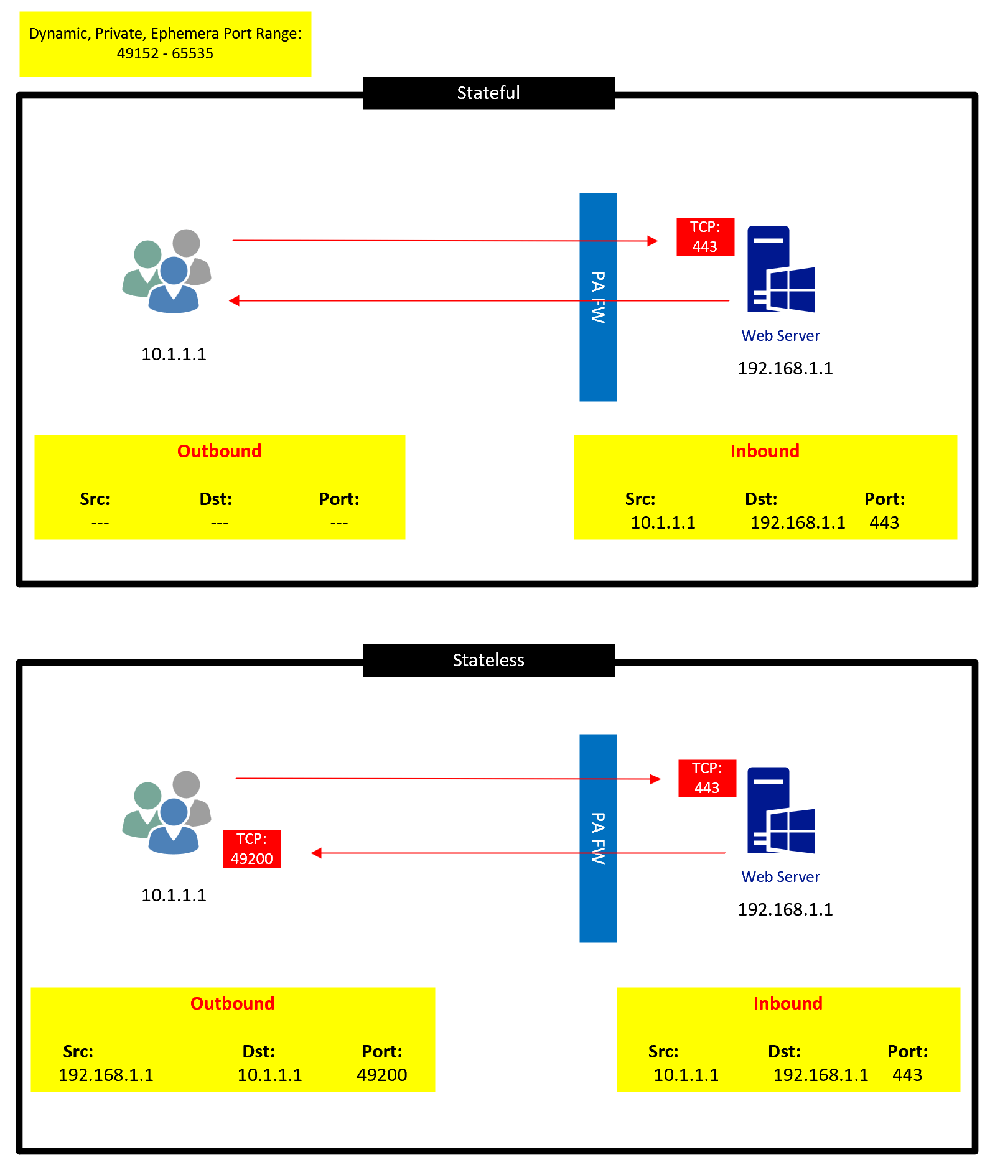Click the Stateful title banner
click(488, 93)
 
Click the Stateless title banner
click(488, 660)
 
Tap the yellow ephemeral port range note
click(165, 44)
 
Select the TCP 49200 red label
click(252, 849)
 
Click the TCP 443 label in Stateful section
click(705, 237)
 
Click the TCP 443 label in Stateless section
click(707, 778)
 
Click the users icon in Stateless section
click(167, 812)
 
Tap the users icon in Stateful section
click(167, 271)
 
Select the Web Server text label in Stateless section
click(780, 876)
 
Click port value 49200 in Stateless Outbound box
click(381, 1075)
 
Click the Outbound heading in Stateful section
click(219, 451)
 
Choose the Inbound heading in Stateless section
click(788, 1003)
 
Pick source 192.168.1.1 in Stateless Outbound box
click(106, 1075)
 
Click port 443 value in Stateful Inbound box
click(884, 522)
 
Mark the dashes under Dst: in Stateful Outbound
click(219, 523)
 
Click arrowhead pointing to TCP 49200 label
click(316, 853)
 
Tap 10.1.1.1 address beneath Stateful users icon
click(174, 354)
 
